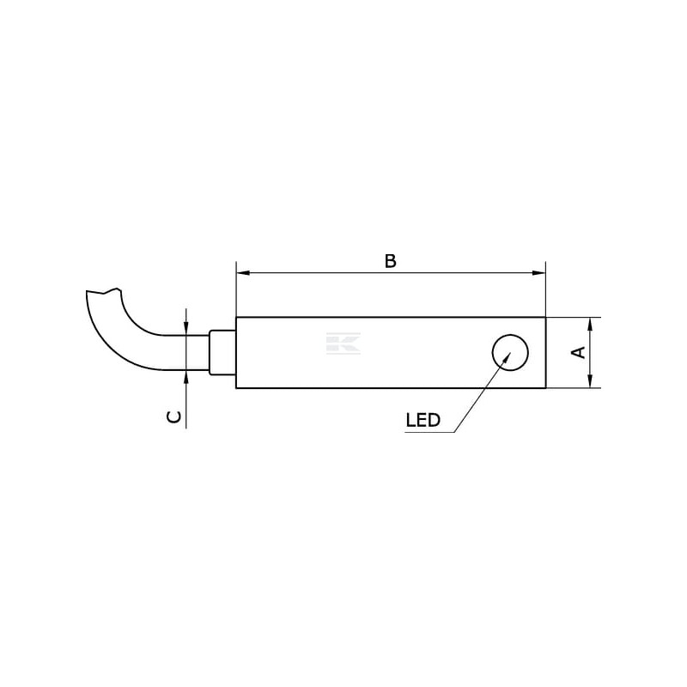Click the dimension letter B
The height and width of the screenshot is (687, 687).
[x=391, y=261]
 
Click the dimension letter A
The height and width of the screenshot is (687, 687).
[x=579, y=352]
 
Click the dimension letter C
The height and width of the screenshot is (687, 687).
[x=174, y=416]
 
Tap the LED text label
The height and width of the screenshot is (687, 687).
[x=423, y=420]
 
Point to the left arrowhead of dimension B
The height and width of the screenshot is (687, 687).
[x=243, y=273]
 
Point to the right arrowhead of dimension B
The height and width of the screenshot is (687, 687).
[x=539, y=273]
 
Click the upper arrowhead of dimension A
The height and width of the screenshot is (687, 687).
[x=590, y=325]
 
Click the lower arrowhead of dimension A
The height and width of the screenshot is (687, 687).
[x=590, y=381]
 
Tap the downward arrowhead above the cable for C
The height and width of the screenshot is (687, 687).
[x=186, y=329]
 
